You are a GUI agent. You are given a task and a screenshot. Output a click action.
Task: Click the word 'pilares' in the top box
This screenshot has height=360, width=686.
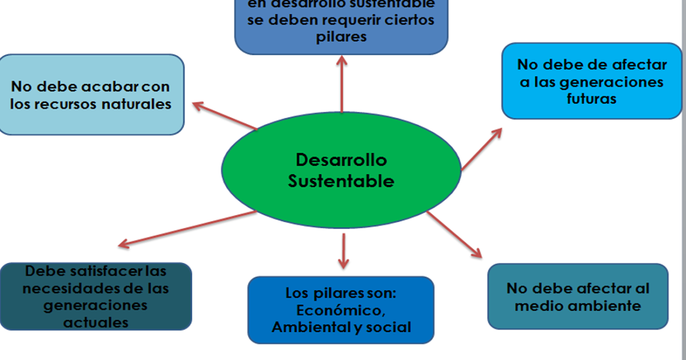coord(341,37)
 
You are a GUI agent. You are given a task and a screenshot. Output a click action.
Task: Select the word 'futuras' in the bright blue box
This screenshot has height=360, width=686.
coord(592,98)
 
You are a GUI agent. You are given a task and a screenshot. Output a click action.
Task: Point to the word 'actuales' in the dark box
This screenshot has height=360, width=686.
coord(96,322)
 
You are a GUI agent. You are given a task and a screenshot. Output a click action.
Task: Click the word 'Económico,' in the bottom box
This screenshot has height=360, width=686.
coord(340,311)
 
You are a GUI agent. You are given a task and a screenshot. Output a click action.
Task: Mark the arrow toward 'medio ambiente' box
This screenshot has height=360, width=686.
coord(454,234)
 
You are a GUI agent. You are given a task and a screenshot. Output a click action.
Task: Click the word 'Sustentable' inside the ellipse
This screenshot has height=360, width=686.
coord(341,181)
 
